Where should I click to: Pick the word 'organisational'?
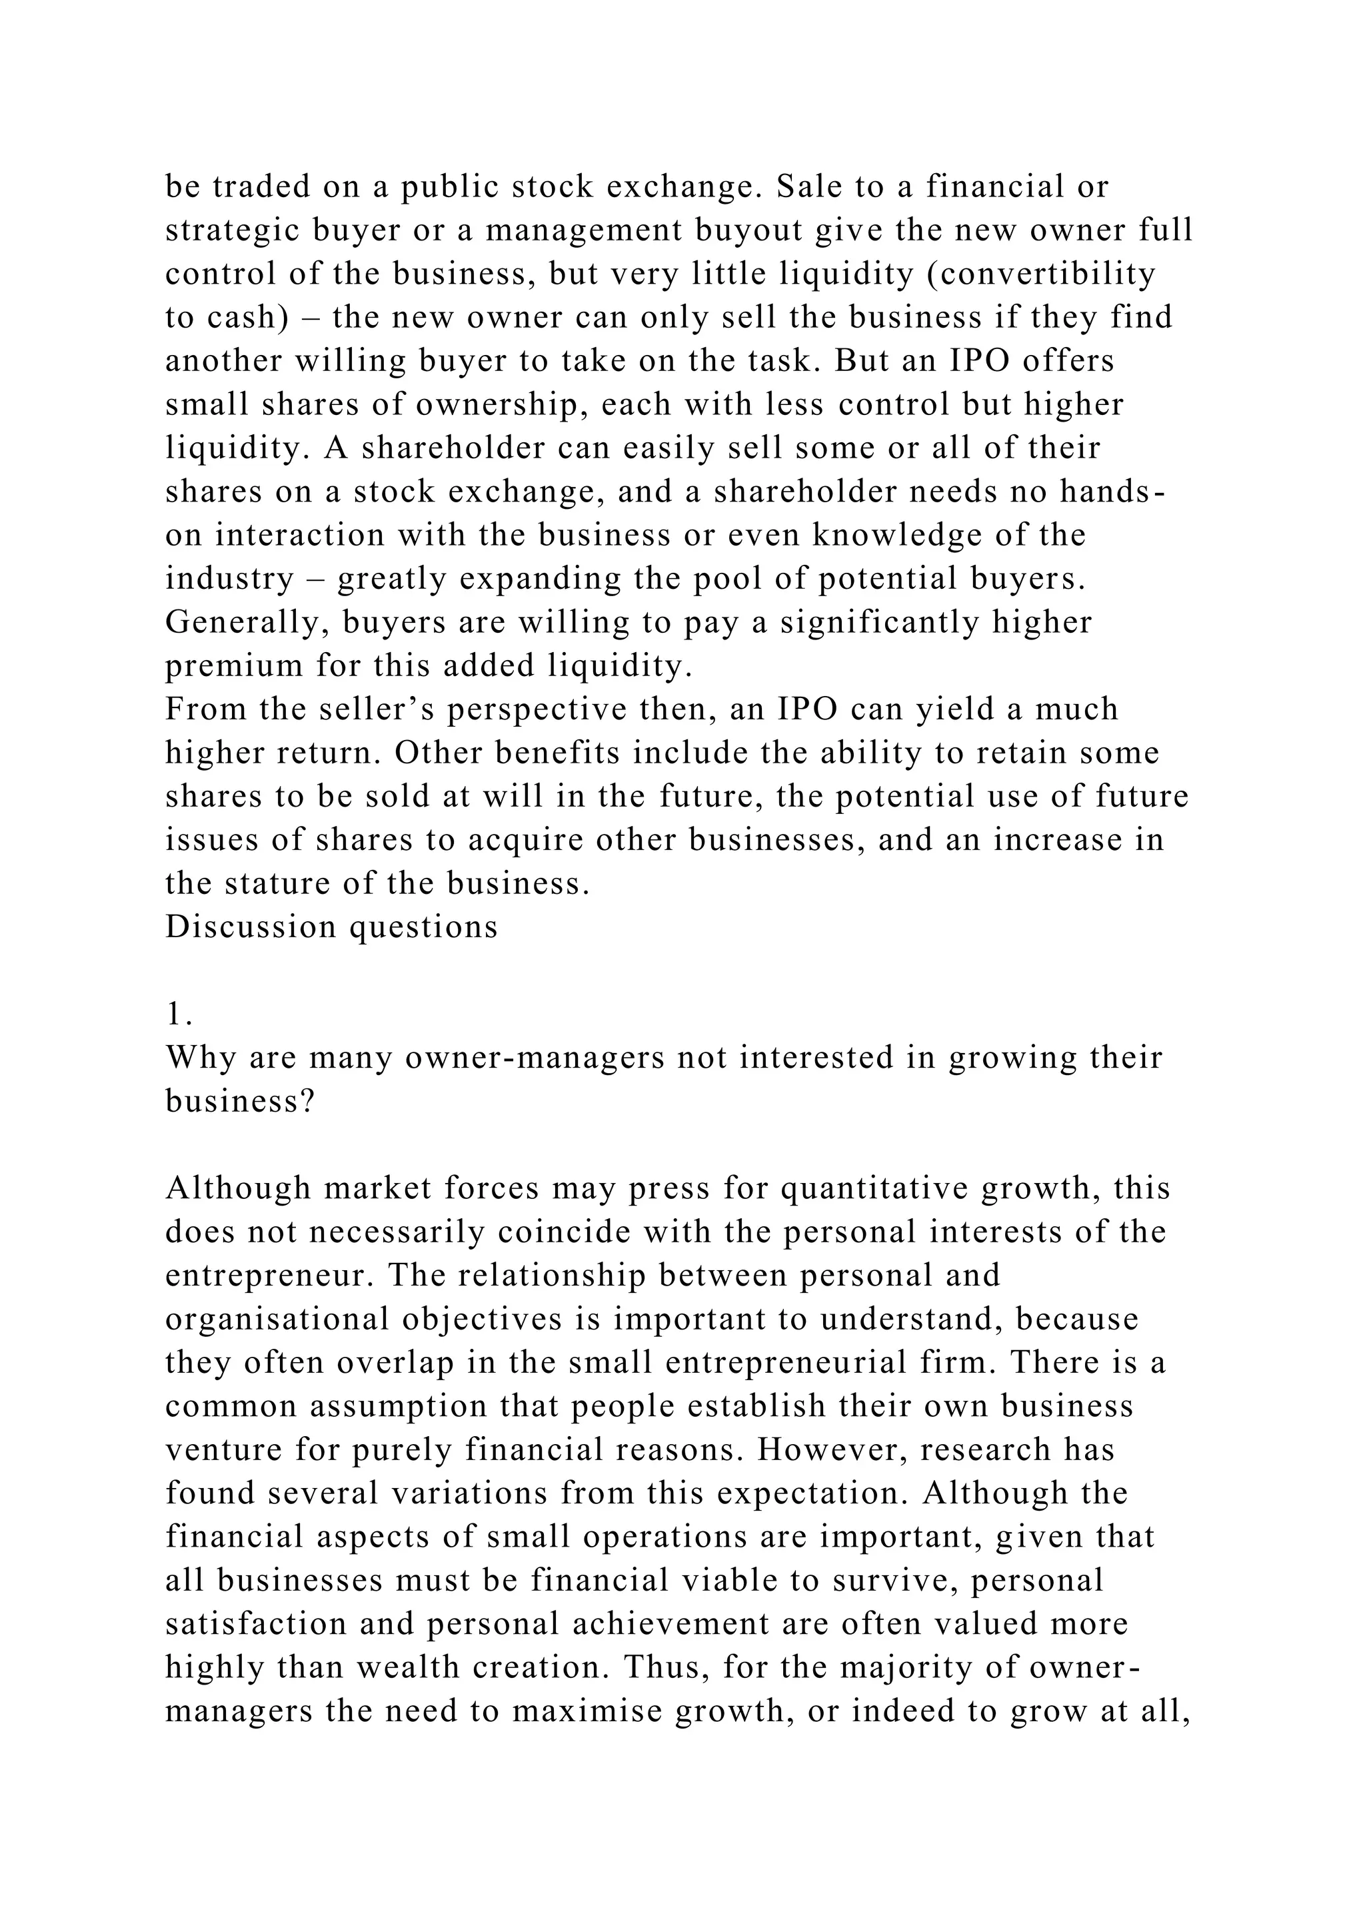(278, 1319)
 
